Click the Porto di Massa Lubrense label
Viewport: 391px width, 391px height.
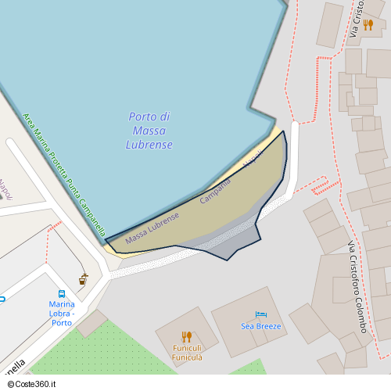[x=149, y=131]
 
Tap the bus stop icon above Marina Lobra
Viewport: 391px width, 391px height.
[x=62, y=294]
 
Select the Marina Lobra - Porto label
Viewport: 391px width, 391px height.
[x=62, y=313]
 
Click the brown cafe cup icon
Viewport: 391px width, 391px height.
[x=83, y=278]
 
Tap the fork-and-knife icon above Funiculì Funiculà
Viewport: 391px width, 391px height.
[x=187, y=336]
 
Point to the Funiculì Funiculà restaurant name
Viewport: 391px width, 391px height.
[x=187, y=353]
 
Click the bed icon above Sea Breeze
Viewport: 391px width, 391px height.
[x=261, y=314]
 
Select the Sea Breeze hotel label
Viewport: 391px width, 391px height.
[x=261, y=325]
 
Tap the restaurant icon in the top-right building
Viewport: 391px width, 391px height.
[x=368, y=24]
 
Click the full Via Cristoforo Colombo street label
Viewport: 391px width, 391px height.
[x=357, y=286]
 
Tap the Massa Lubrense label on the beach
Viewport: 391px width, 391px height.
[x=152, y=228]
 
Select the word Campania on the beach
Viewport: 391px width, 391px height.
[x=215, y=192]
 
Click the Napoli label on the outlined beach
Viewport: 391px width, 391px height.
[x=252, y=159]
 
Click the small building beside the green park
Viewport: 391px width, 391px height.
[x=91, y=323]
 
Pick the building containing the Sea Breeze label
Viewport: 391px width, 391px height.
[x=249, y=321]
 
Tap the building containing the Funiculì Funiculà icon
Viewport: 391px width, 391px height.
[x=186, y=336]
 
